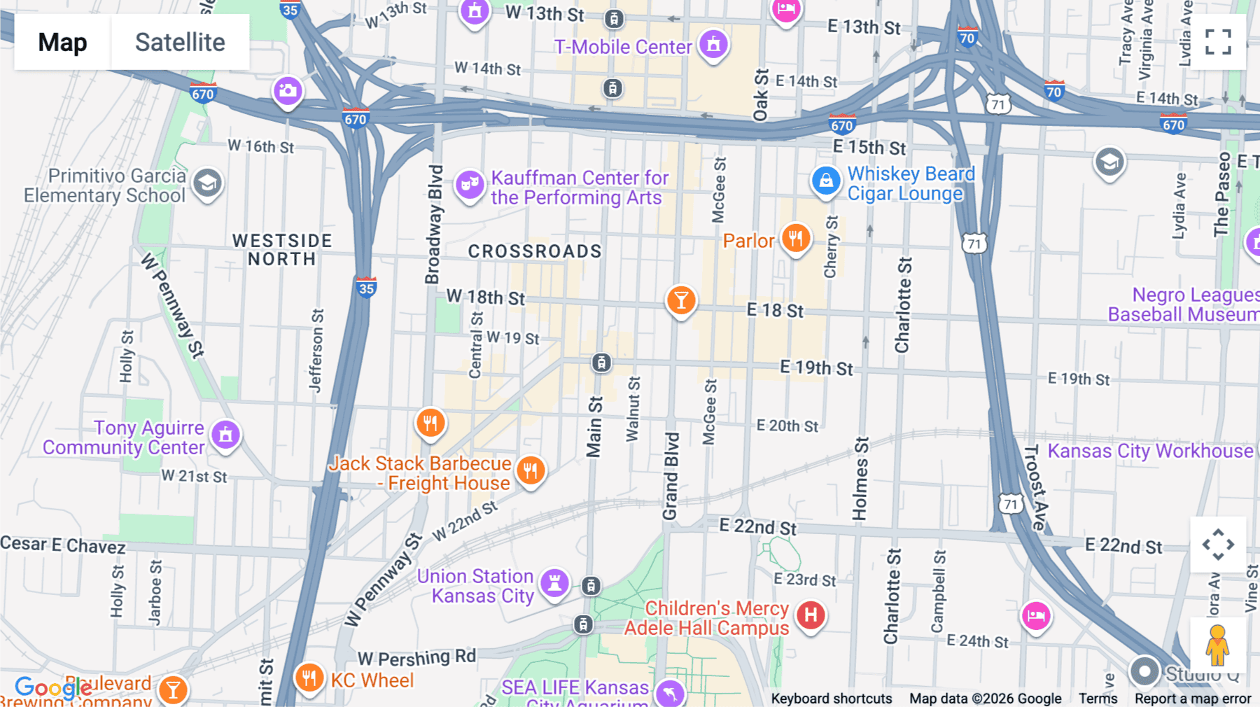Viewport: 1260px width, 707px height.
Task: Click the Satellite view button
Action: click(180, 42)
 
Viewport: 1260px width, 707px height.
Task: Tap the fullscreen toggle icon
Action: click(1218, 42)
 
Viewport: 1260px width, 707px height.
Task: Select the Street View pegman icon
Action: click(1217, 645)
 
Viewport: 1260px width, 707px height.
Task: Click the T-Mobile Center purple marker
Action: click(713, 45)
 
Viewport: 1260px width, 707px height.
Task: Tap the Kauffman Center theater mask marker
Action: click(470, 185)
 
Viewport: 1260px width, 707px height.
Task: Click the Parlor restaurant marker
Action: click(795, 239)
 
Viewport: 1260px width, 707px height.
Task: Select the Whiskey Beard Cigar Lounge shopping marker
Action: click(826, 181)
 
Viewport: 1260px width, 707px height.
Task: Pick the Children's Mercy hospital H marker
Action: click(811, 615)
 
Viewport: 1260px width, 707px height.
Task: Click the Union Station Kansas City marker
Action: click(554, 582)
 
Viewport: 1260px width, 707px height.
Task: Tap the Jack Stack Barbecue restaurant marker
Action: click(531, 470)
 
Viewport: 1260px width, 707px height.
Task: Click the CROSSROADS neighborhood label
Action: click(535, 251)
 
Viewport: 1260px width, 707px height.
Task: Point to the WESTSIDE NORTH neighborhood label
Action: click(282, 250)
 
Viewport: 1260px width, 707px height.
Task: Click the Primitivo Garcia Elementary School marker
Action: click(207, 184)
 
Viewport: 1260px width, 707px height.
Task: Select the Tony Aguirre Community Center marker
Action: click(225, 435)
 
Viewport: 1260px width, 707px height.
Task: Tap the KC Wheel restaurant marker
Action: click(309, 678)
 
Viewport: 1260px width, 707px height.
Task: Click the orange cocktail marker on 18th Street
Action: click(680, 301)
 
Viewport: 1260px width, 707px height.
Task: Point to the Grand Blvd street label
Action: click(671, 476)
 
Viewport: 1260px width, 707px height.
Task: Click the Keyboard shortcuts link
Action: click(831, 699)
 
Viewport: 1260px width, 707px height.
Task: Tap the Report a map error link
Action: click(1192, 699)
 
